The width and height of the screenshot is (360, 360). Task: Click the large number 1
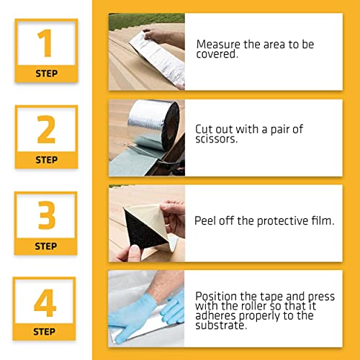pyautogui.click(x=45, y=44)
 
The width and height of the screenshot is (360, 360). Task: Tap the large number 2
pyautogui.click(x=45, y=130)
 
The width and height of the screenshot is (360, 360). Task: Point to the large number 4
pyautogui.click(x=45, y=302)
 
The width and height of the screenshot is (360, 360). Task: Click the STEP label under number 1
pyautogui.click(x=45, y=73)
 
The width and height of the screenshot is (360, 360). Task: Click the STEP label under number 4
pyautogui.click(x=45, y=332)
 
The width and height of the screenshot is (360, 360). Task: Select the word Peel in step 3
pyautogui.click(x=206, y=221)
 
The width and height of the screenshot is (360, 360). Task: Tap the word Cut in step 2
pyautogui.click(x=204, y=130)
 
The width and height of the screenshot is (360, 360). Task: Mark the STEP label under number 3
pyautogui.click(x=45, y=246)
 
